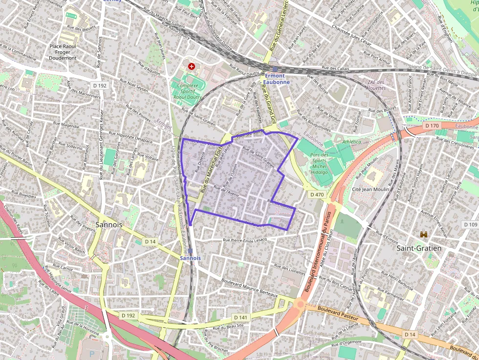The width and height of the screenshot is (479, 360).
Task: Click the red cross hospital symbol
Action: [191, 66]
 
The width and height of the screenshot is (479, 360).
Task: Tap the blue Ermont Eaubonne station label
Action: [277, 79]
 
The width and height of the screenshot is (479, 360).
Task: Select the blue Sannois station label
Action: [190, 257]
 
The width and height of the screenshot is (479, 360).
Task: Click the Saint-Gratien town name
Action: [419, 248]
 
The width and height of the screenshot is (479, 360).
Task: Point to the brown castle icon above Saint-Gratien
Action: [423, 235]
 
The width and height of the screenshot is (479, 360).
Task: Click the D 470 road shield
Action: [317, 194]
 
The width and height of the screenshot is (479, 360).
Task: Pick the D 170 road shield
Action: [432, 126]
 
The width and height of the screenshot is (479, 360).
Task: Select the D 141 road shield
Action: [243, 318]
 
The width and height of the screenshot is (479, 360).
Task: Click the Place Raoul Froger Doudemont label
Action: [63, 52]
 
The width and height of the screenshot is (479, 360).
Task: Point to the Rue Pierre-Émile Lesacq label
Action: [245, 240]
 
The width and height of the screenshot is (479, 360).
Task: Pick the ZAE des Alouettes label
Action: [377, 85]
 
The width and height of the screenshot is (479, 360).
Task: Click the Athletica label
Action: [351, 142]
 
